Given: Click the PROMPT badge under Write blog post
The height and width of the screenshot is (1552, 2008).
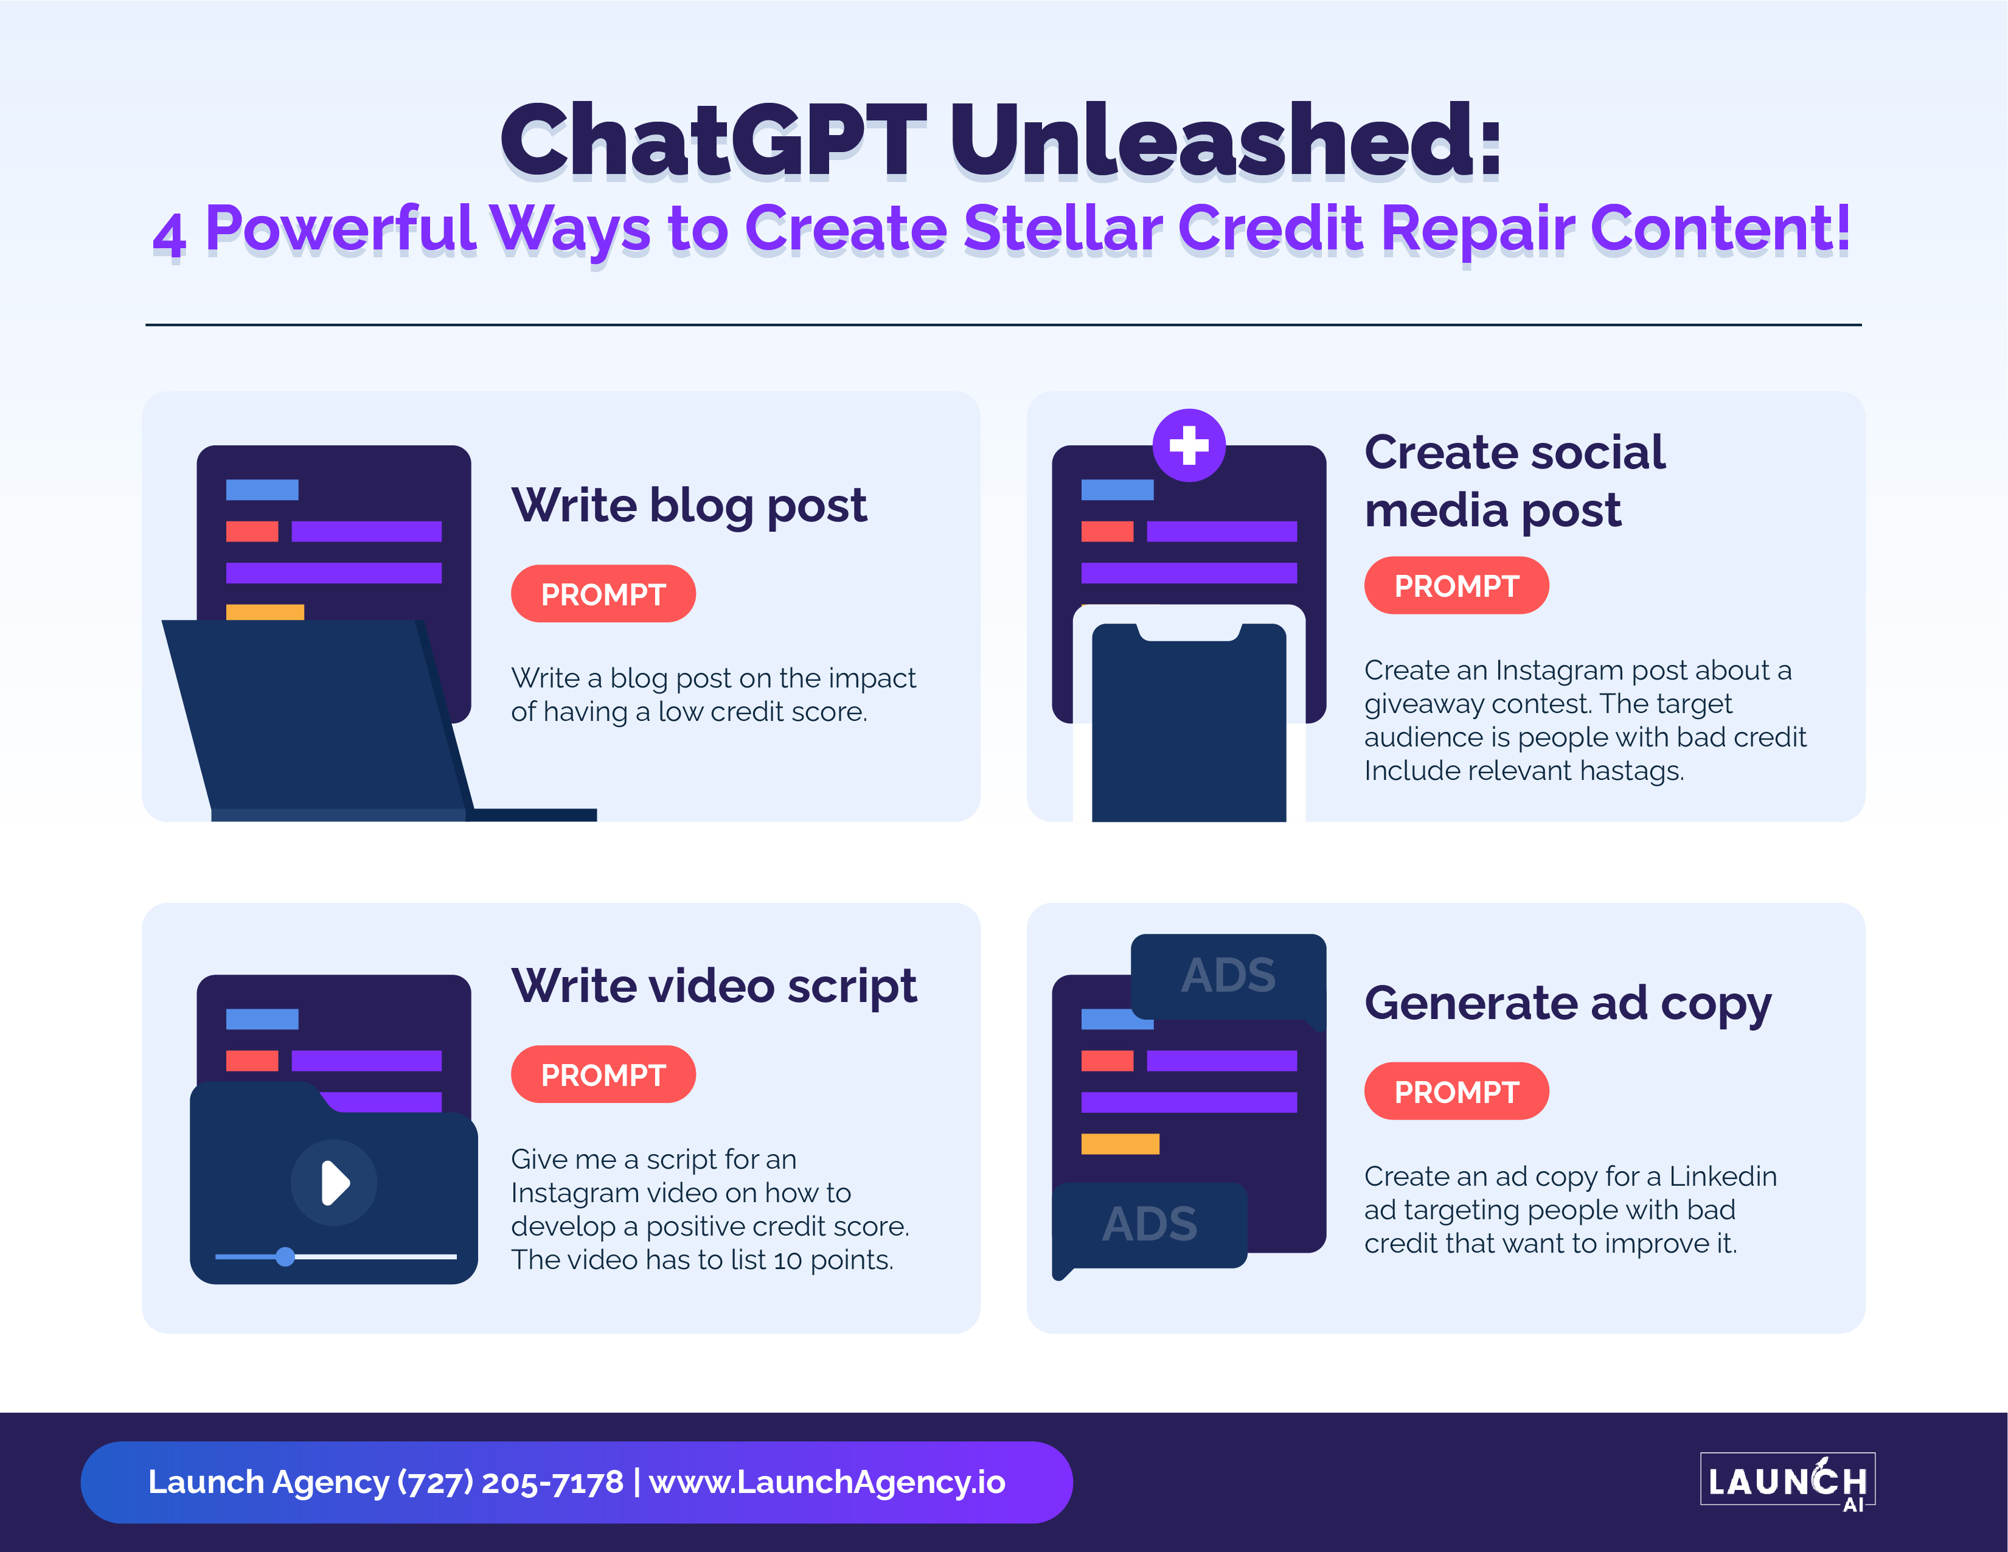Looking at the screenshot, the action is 603,594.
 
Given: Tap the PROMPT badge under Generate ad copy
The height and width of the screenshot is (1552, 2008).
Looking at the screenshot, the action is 1456,1091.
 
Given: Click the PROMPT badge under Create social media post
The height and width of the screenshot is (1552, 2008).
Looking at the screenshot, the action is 1456,586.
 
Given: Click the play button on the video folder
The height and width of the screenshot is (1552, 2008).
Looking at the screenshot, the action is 334,1182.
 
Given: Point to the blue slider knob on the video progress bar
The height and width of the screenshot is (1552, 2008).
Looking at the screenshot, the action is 285,1256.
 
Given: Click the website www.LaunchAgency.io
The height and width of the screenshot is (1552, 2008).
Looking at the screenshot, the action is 827,1482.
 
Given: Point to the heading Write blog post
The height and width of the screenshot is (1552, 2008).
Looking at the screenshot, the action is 689,506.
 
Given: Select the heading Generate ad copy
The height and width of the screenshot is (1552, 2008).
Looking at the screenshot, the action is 1568,1003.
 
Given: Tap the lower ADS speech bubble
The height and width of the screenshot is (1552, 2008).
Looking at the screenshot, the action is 1149,1227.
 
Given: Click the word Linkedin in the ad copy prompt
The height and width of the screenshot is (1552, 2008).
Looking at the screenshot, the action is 1723,1176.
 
